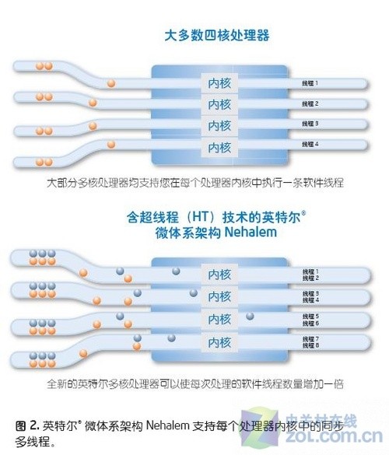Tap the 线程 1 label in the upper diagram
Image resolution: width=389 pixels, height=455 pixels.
310,82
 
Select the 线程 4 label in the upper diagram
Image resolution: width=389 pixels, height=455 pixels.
310,144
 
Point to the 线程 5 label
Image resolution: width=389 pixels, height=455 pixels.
310,316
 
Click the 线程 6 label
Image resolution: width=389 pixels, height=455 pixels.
310,323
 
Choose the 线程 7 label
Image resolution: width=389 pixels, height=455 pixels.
310,338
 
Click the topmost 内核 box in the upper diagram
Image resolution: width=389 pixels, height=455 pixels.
216,83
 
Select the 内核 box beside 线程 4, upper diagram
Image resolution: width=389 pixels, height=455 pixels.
216,146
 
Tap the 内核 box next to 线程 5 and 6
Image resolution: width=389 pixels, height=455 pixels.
216,319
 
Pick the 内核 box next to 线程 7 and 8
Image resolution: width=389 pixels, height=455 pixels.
216,341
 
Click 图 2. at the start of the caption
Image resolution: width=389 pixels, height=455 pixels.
26,425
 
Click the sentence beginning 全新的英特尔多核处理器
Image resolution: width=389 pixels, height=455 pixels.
194,383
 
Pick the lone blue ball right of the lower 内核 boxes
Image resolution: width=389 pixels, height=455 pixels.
250,315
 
